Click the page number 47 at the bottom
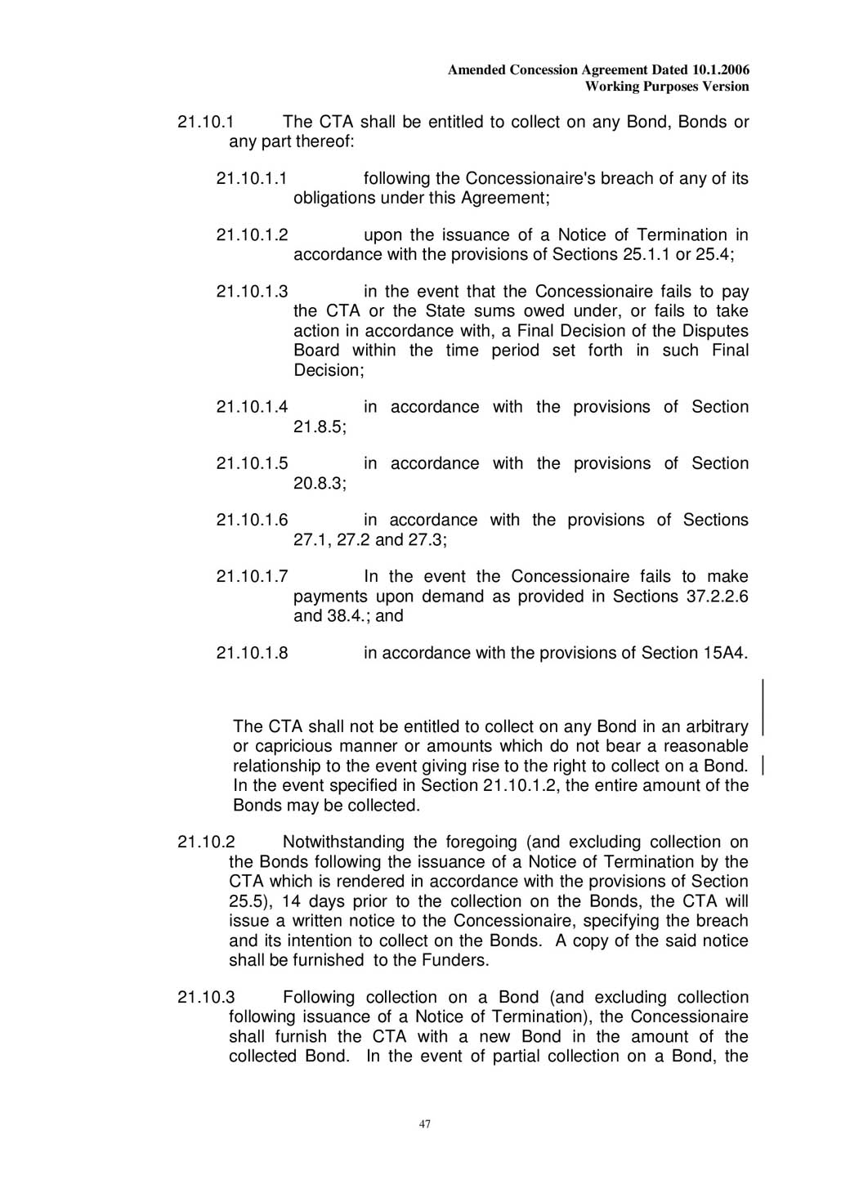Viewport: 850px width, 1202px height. click(x=424, y=1124)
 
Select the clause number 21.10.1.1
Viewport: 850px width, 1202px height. click(x=252, y=178)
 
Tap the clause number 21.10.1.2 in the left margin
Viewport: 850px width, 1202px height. click(x=252, y=235)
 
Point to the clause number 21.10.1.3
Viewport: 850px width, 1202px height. click(x=252, y=292)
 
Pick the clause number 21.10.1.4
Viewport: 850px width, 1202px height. click(x=252, y=407)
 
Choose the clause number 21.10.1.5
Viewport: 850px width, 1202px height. click(x=252, y=463)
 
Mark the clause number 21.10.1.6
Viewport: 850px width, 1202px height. click(x=252, y=520)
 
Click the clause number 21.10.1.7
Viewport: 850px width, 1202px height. click(x=252, y=576)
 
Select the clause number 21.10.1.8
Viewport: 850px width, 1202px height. click(x=252, y=653)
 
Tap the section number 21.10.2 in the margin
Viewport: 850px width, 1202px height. click(x=206, y=842)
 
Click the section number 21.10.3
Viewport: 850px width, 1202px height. click(x=206, y=997)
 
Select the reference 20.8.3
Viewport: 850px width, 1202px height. click(x=320, y=483)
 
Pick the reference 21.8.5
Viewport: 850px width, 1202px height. click(x=320, y=427)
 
